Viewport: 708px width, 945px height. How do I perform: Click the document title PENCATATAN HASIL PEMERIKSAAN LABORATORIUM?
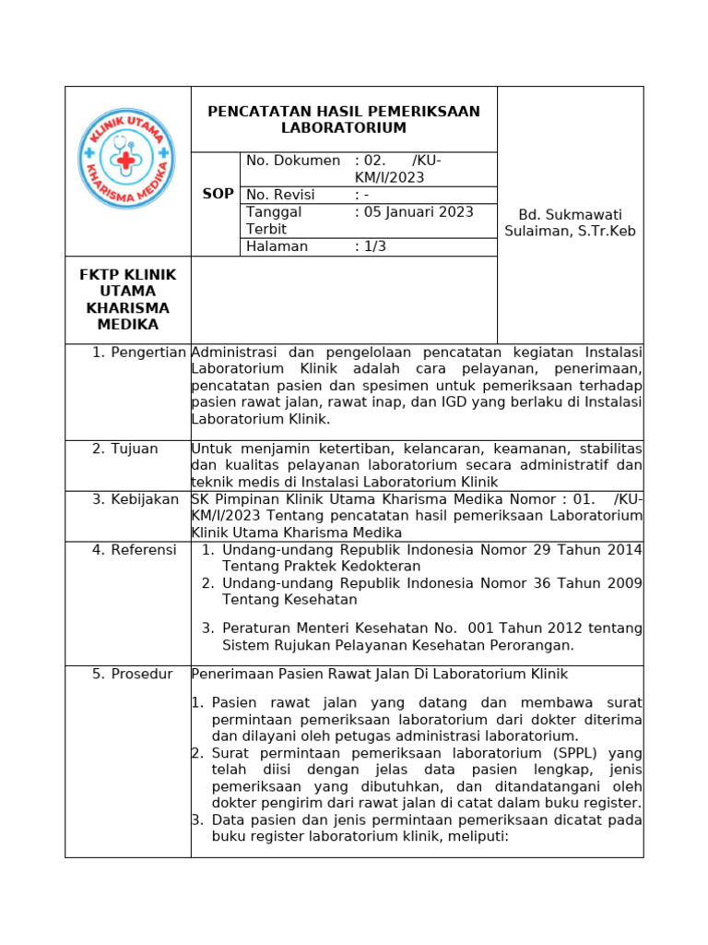click(344, 119)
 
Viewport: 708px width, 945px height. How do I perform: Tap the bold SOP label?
click(218, 195)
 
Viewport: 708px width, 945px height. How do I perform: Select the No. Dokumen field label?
click(293, 161)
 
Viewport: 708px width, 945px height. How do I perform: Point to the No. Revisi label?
click(280, 195)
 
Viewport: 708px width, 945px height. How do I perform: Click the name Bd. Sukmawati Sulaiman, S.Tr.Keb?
click(570, 221)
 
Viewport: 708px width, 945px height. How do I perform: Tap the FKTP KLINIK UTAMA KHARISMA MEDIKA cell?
click(127, 300)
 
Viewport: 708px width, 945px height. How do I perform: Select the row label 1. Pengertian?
click(139, 353)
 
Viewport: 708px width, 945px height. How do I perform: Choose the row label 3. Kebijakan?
click(136, 499)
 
